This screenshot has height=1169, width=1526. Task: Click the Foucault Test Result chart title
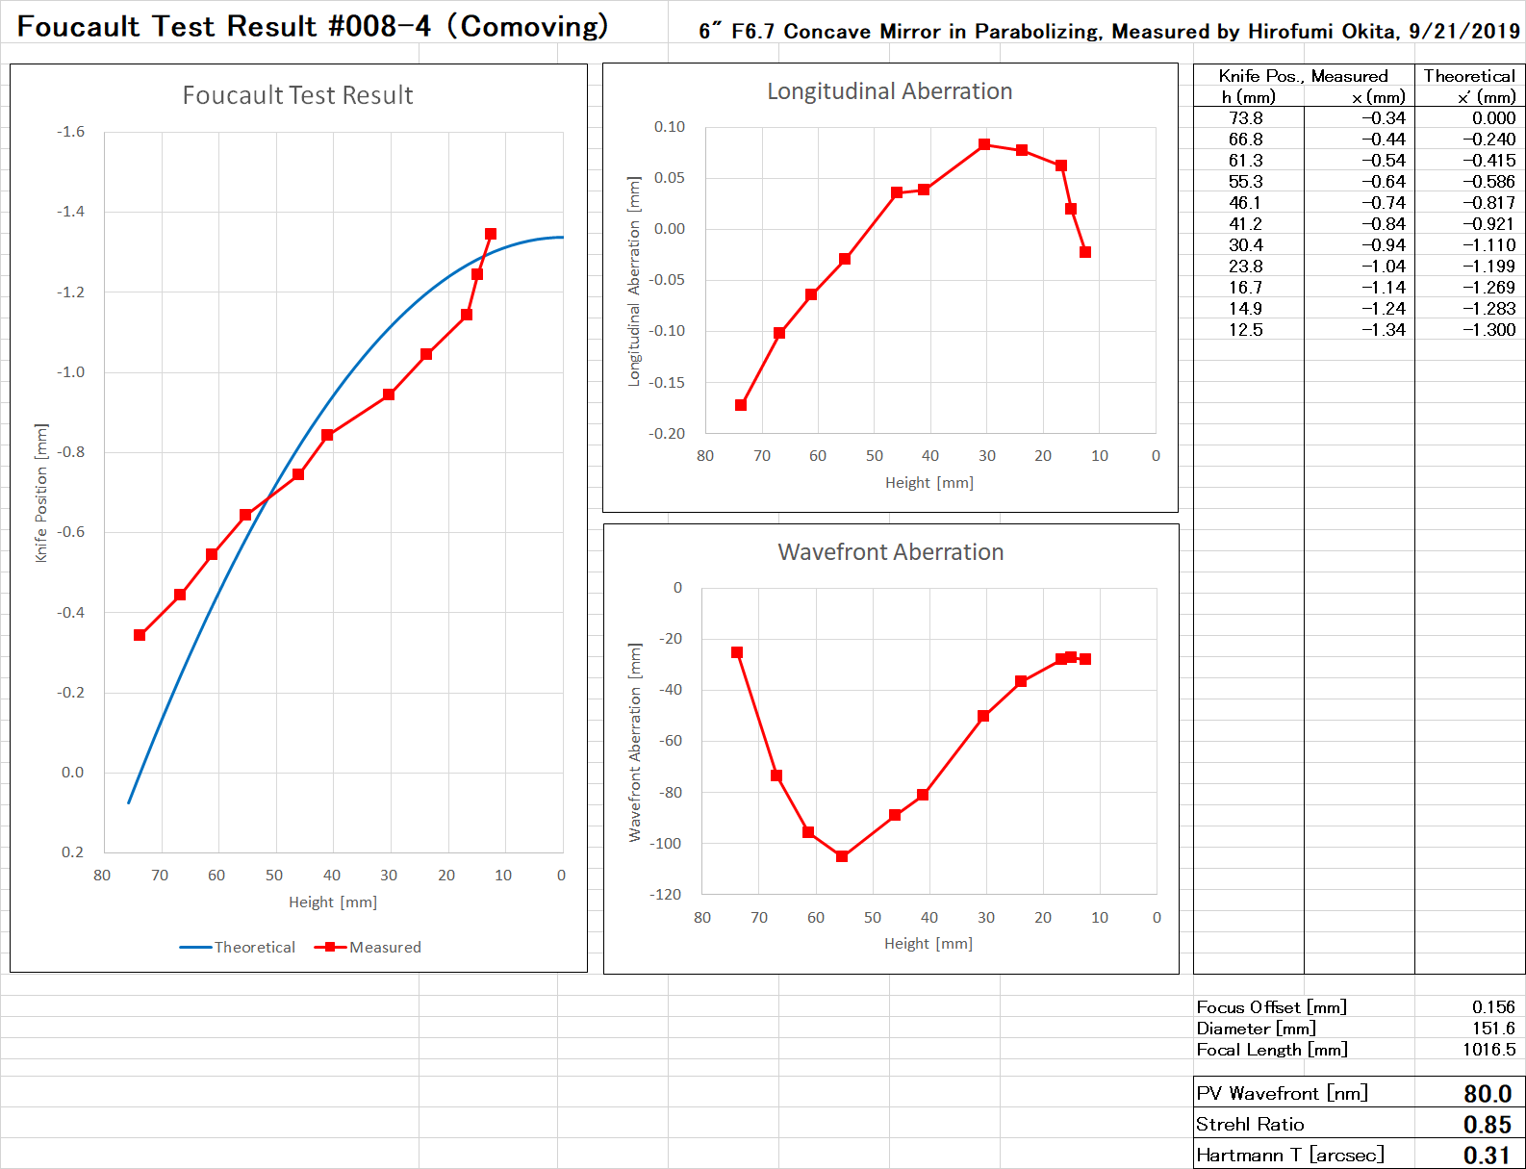tap(297, 95)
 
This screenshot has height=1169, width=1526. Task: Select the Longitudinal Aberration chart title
tap(889, 91)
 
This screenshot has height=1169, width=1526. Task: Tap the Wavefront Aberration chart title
tap(890, 552)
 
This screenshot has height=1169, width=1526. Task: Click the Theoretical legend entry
tap(238, 947)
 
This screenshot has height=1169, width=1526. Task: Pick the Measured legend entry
tap(369, 947)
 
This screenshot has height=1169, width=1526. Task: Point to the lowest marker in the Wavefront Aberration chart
tap(842, 856)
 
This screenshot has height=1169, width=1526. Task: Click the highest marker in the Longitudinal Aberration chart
tap(984, 144)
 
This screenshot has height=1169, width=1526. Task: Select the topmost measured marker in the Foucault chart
tap(491, 234)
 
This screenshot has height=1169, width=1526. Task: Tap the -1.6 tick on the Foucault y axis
tap(70, 132)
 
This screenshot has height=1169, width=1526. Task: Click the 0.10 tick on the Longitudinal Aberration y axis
tap(669, 127)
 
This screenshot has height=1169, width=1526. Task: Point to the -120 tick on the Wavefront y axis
tap(665, 895)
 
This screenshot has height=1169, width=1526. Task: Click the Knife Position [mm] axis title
tap(40, 493)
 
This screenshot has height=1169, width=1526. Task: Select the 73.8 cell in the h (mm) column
tap(1245, 118)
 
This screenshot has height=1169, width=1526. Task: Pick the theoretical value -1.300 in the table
tap(1488, 330)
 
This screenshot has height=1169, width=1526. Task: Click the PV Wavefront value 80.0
tap(1487, 1094)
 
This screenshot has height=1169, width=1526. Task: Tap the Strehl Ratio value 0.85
tap(1487, 1125)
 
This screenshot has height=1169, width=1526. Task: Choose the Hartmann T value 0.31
tap(1487, 1156)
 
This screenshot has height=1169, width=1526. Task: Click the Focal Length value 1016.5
tap(1488, 1050)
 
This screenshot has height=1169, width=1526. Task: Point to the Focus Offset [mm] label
tap(1271, 1007)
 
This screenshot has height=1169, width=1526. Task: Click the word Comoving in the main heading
tap(534, 26)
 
